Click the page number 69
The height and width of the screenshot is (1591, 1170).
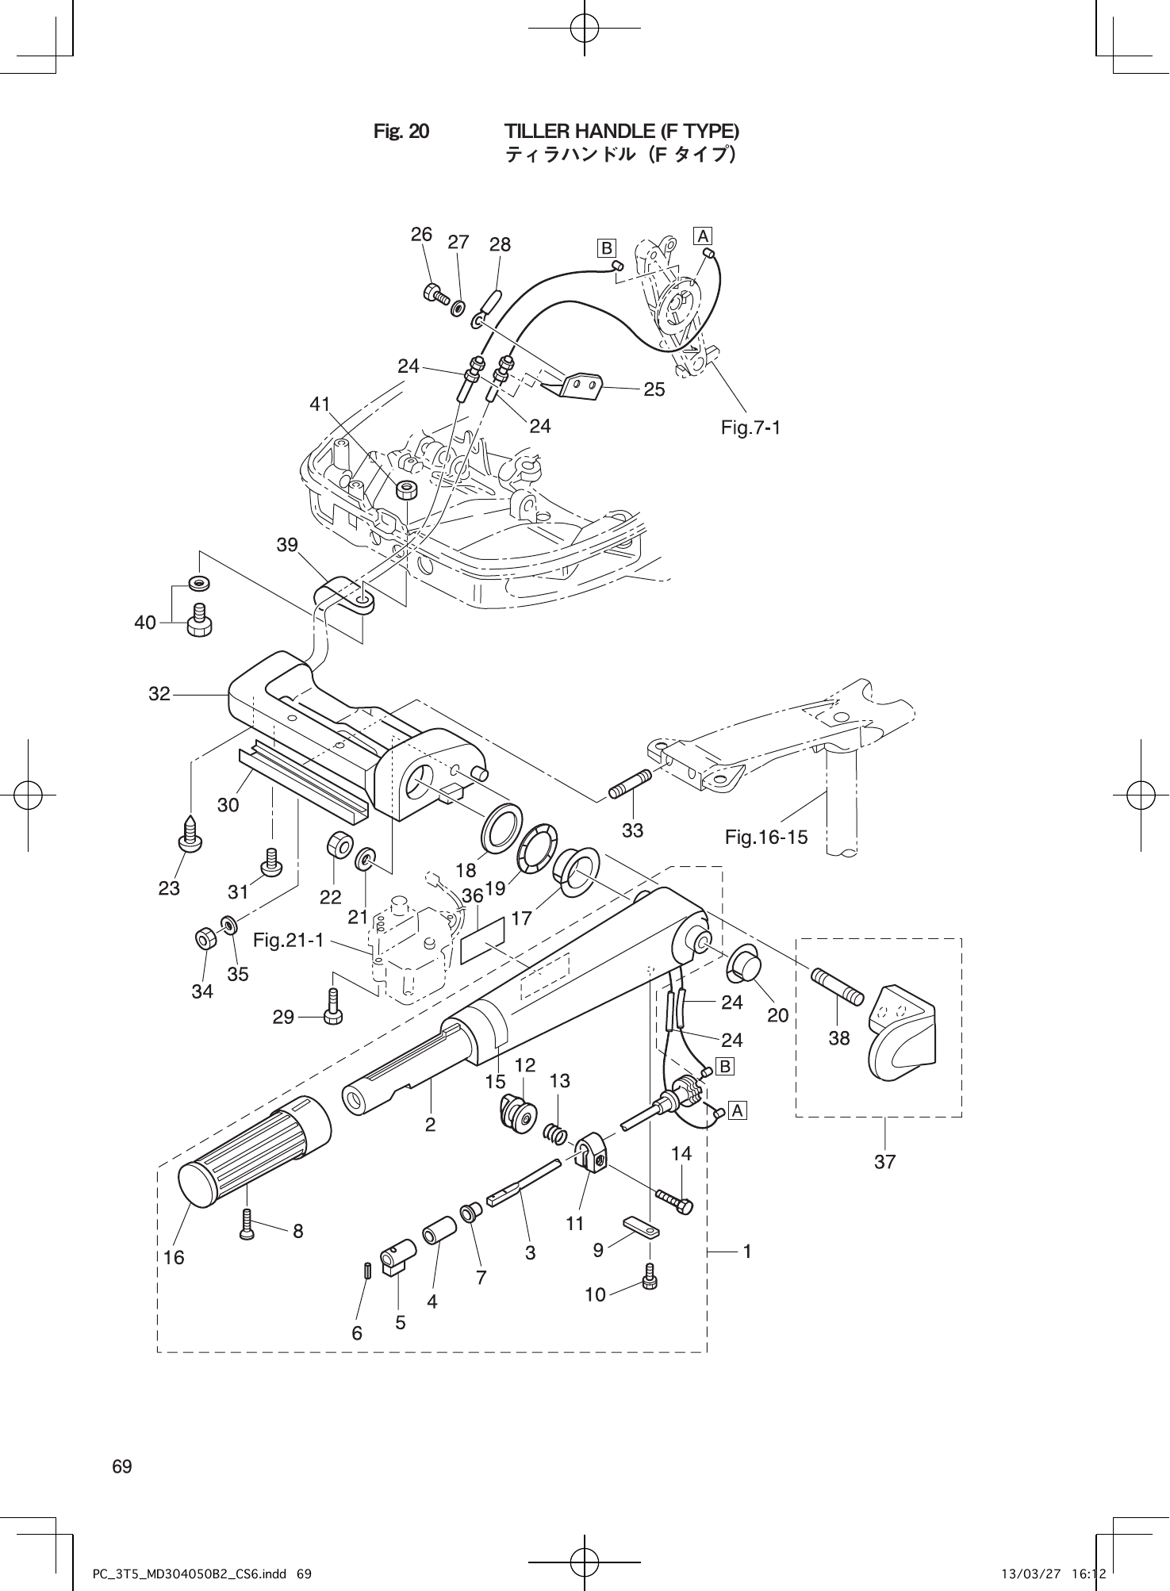122,1466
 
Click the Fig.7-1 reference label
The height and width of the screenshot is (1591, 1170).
750,428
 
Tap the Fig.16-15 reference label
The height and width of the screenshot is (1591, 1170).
766,836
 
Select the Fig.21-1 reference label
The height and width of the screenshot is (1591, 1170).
289,941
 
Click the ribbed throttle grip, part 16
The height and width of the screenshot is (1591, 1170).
254,1148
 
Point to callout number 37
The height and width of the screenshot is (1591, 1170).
884,1162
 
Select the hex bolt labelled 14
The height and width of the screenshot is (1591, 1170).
674,1202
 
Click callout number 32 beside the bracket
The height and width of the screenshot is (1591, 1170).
159,694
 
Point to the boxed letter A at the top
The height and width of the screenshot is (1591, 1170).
703,236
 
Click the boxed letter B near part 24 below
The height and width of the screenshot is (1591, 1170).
724,1067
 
